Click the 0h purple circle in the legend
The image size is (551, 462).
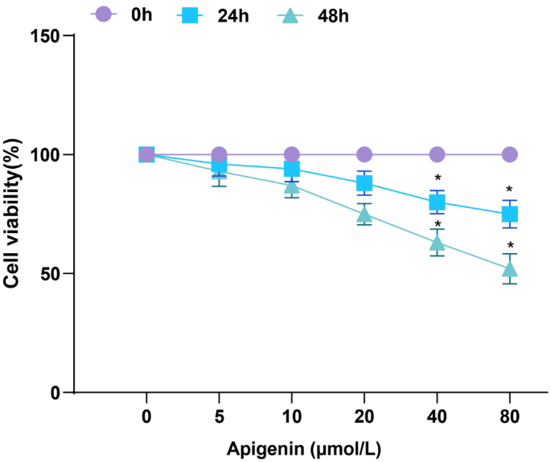tap(102, 14)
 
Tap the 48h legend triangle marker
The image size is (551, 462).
tap(288, 14)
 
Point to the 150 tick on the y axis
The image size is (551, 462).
tap(47, 36)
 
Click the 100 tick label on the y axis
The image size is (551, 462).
tap(47, 154)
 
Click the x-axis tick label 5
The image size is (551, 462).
tap(219, 418)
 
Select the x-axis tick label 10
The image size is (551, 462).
tap(291, 418)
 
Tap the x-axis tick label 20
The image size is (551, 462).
tap(364, 418)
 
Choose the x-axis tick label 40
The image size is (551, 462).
tap(437, 418)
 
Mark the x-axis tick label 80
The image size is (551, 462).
tap(509, 418)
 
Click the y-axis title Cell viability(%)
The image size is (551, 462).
tap(13, 213)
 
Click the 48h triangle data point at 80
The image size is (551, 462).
tap(509, 269)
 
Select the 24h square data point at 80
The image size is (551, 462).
tap(509, 214)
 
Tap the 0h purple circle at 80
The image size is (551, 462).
tap(509, 154)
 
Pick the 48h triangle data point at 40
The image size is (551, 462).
tap(437, 243)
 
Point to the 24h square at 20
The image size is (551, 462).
tap(364, 183)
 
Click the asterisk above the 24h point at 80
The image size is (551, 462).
tap(509, 190)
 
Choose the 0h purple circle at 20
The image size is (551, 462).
tap(364, 154)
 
